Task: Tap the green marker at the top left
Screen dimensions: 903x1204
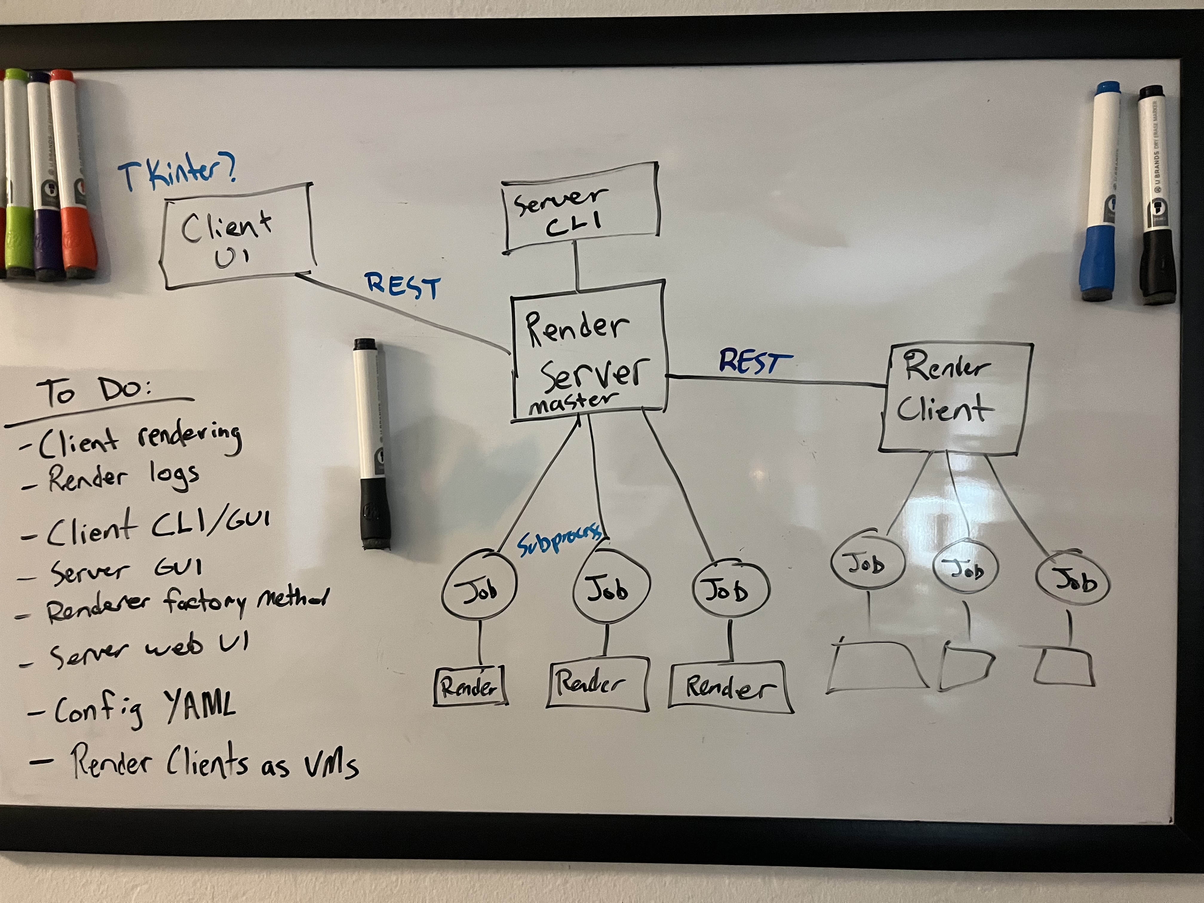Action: pyautogui.click(x=17, y=174)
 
